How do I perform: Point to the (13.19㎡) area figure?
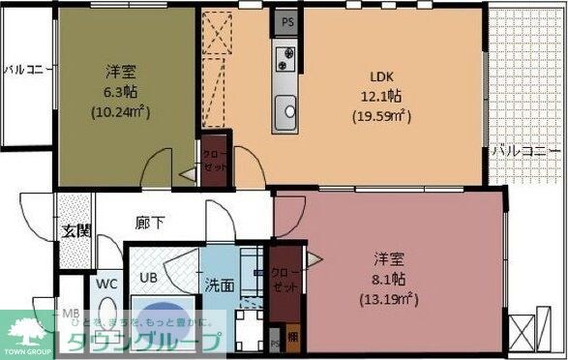point(390,298)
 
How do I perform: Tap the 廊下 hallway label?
point(149,224)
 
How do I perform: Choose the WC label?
point(105,285)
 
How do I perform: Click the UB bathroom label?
point(149,278)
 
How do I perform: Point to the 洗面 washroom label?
point(219,285)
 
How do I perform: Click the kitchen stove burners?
point(286,57)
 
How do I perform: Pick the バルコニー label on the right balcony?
point(526,152)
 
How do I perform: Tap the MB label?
point(71,315)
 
